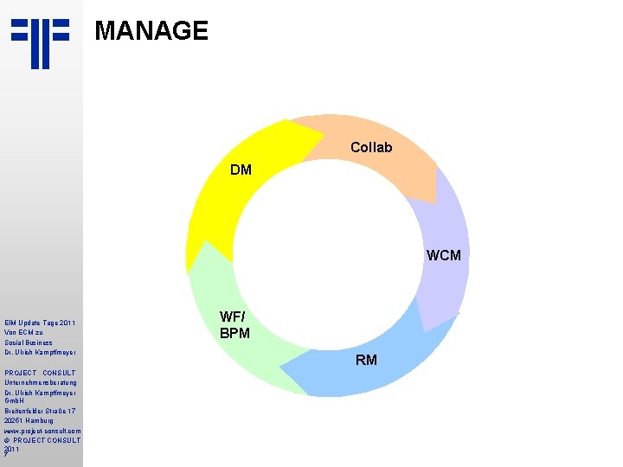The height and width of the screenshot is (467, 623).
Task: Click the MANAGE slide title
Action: [151, 31]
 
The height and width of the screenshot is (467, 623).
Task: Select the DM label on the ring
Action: [241, 170]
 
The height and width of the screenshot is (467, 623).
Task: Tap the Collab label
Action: [371, 148]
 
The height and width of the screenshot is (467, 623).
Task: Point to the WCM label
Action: [443, 255]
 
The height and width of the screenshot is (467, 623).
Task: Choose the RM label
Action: [366, 360]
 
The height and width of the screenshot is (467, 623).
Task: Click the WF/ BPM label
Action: [234, 325]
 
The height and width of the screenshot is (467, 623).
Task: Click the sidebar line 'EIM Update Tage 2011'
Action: [40, 323]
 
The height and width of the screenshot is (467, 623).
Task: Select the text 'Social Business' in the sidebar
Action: [29, 342]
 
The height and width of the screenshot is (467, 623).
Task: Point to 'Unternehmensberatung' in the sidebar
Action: [41, 382]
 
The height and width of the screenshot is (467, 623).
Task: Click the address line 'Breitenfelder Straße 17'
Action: [42, 411]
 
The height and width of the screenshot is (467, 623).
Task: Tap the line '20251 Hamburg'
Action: [29, 420]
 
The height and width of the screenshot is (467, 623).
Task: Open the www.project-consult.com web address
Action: [42, 430]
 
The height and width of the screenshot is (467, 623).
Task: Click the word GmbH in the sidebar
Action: [14, 401]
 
